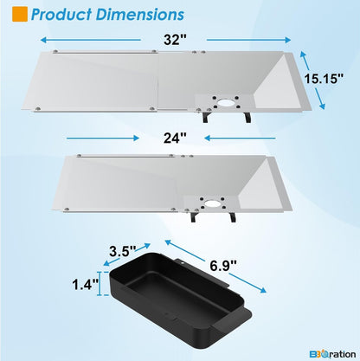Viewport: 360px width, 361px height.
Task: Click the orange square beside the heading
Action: (x=20, y=14)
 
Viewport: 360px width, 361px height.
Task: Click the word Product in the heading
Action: (x=61, y=15)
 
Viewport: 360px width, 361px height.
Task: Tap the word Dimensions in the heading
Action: (x=140, y=15)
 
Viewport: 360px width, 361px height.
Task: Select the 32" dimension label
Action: (x=176, y=40)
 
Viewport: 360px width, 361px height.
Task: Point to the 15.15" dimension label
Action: (x=324, y=78)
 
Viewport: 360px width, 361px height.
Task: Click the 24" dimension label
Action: (x=175, y=138)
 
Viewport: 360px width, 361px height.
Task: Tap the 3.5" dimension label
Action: (x=123, y=251)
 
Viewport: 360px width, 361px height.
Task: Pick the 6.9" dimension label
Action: (x=223, y=265)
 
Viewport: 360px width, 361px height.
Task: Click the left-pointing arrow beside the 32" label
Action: (x=91, y=40)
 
